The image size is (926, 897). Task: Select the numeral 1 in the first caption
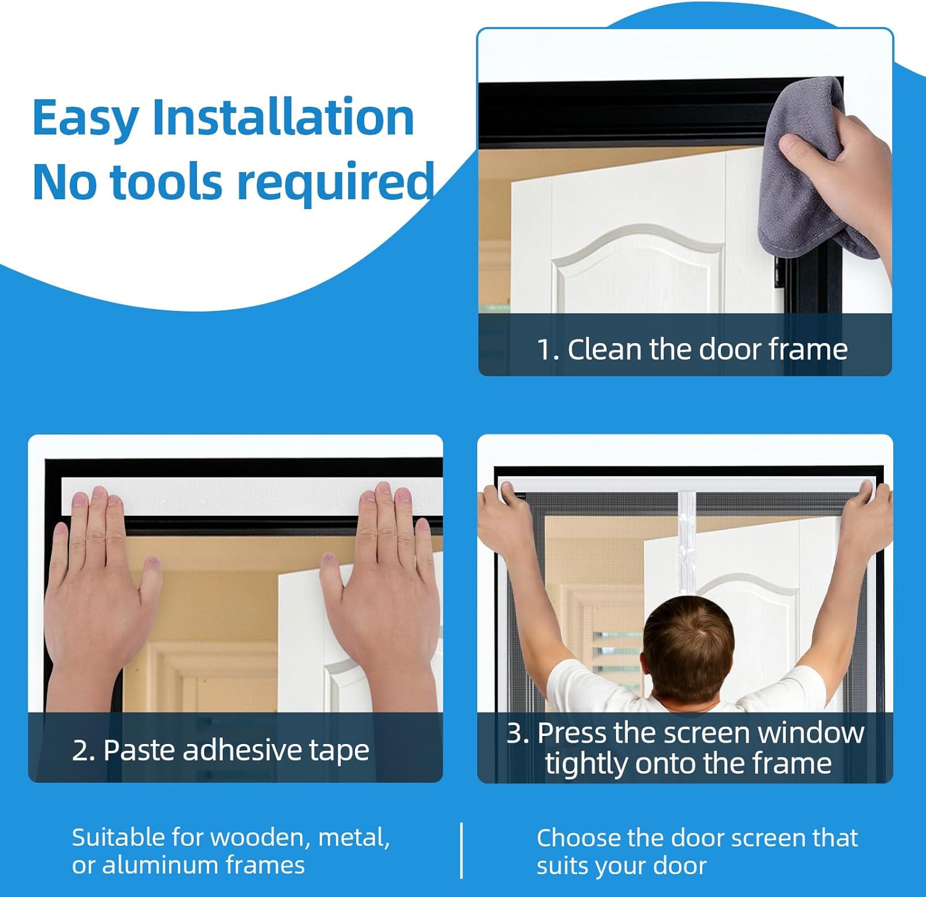tap(544, 350)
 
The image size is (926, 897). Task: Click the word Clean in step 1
tap(604, 349)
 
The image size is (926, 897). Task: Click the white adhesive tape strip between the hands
tap(241, 496)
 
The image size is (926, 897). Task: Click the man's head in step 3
tap(688, 642)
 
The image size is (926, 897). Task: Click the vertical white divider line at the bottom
tap(462, 850)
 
